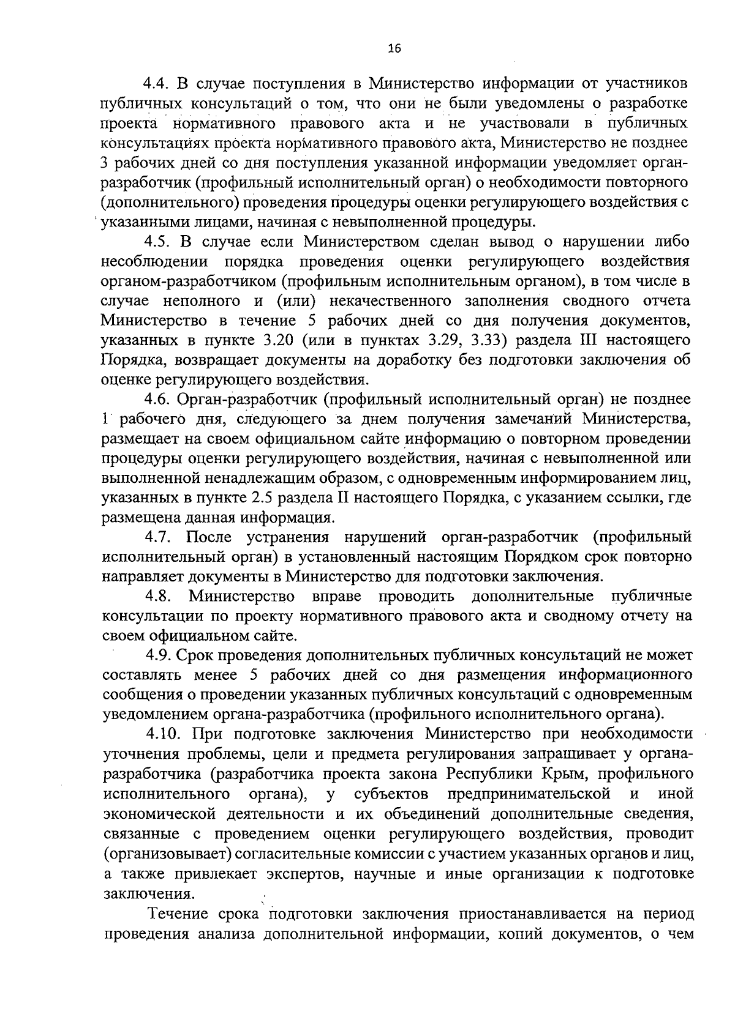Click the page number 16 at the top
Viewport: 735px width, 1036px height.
point(394,50)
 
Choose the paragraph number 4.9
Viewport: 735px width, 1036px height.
point(158,655)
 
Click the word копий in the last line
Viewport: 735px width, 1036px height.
point(549,934)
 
